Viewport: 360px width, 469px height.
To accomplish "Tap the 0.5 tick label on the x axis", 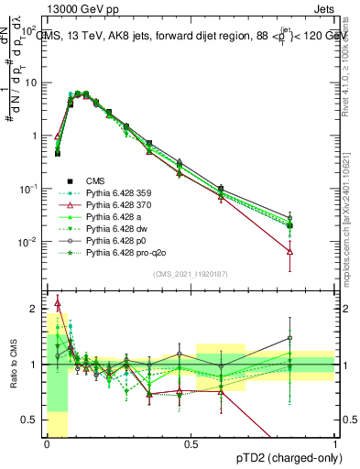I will click(x=191, y=442).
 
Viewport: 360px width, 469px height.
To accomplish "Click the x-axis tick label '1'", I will click(x=335, y=442).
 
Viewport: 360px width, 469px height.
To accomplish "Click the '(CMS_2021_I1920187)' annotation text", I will click(x=191, y=275).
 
